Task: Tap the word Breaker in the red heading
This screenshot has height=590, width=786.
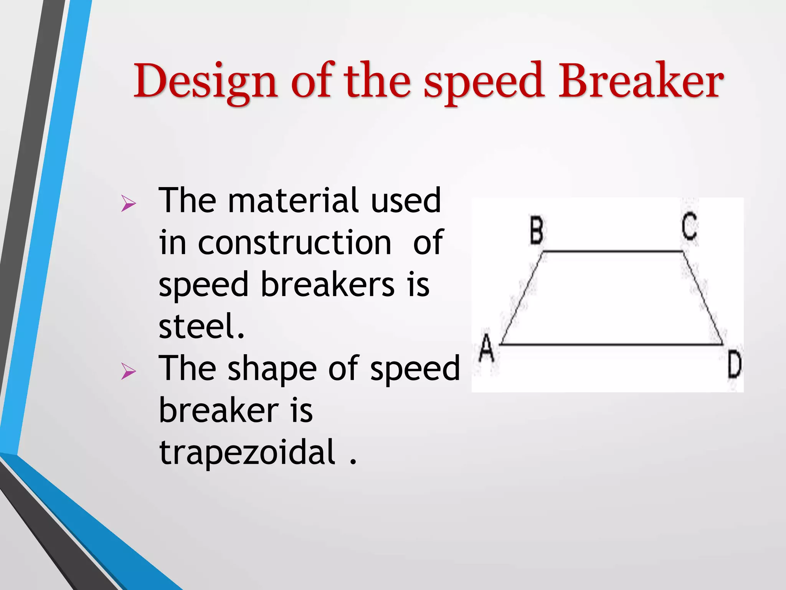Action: coord(640,81)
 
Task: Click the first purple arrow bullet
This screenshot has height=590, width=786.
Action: coord(128,203)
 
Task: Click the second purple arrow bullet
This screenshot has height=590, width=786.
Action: coord(128,371)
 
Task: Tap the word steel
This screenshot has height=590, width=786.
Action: coord(201,326)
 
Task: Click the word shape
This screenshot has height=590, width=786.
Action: coord(272,369)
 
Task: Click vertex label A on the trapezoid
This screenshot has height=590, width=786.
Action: coord(487,348)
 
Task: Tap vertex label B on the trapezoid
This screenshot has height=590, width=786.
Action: coord(537,230)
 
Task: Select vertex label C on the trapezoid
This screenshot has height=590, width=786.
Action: coord(689,227)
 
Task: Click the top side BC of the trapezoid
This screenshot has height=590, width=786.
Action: coord(613,252)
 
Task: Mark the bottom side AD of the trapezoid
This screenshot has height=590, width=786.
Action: coord(612,345)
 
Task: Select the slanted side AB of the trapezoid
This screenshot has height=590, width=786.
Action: coord(522,298)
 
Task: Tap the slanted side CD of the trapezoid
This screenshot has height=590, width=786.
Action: coord(703,298)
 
